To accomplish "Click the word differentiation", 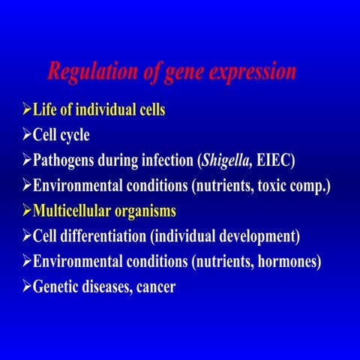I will coord(104,237).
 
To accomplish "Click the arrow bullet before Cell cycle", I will coord(27,136).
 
